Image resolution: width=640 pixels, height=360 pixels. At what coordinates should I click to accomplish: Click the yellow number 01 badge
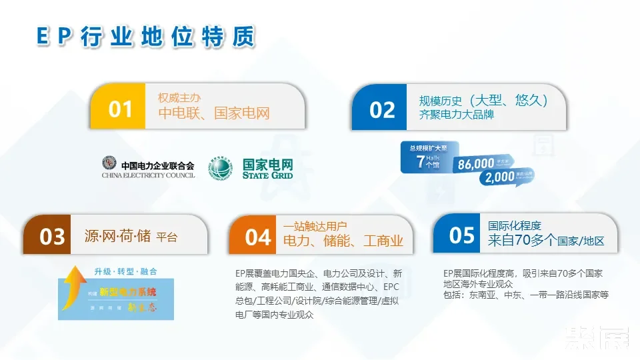pos(120,108)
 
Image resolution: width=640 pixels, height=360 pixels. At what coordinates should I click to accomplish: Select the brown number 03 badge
pos(52,237)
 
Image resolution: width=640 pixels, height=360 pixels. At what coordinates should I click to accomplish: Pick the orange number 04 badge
pos(257,237)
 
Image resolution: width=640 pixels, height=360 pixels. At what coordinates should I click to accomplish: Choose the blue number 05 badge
pos(461,235)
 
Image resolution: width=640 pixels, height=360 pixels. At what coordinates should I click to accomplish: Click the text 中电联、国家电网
pos(213,113)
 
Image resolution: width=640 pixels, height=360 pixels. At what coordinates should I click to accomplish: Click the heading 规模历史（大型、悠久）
pos(484,100)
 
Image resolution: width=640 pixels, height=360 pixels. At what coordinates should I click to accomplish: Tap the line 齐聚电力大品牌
pos(457,115)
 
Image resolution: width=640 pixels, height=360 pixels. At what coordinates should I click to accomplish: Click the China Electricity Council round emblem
pos(109,163)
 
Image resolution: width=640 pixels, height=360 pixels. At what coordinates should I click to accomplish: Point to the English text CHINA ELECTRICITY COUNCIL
pos(148,175)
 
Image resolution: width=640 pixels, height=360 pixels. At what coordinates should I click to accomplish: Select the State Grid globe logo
pos(221,167)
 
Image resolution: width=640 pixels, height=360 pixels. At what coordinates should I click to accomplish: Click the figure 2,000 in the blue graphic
pos(500,177)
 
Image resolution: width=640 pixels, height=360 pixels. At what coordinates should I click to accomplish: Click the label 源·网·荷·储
pos(117,236)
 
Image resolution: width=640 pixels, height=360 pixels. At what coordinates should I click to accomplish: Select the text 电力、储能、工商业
pos(343,241)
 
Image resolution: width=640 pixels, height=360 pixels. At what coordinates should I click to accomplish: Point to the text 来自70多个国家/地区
pos(545,241)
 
